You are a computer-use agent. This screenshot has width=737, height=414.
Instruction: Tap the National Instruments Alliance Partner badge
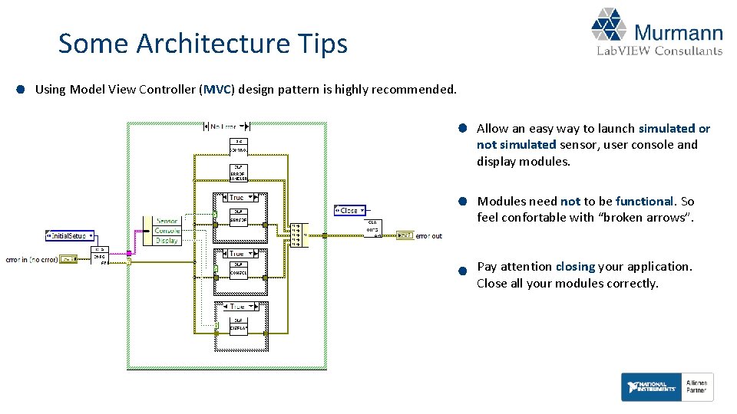click(x=667, y=387)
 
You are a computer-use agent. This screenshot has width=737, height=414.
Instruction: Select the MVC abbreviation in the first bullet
click(x=219, y=89)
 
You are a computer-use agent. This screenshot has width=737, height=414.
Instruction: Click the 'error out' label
click(x=428, y=235)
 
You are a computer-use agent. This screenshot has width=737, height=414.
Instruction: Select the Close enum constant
click(x=350, y=209)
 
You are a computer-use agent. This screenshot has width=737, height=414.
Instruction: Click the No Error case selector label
click(x=223, y=126)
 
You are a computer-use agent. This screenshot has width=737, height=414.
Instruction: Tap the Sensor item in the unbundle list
click(x=167, y=221)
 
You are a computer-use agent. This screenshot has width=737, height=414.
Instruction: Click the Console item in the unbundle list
click(x=167, y=231)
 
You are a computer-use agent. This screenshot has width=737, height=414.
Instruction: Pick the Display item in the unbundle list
click(x=167, y=241)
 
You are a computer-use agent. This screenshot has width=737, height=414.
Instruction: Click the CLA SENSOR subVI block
click(x=239, y=217)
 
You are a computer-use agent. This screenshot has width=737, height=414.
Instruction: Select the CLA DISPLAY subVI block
click(x=239, y=325)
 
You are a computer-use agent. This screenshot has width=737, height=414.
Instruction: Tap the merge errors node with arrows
click(x=296, y=235)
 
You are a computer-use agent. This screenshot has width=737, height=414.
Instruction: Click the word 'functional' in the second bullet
click(x=644, y=202)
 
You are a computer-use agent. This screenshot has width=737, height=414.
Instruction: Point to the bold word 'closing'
click(x=574, y=267)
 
